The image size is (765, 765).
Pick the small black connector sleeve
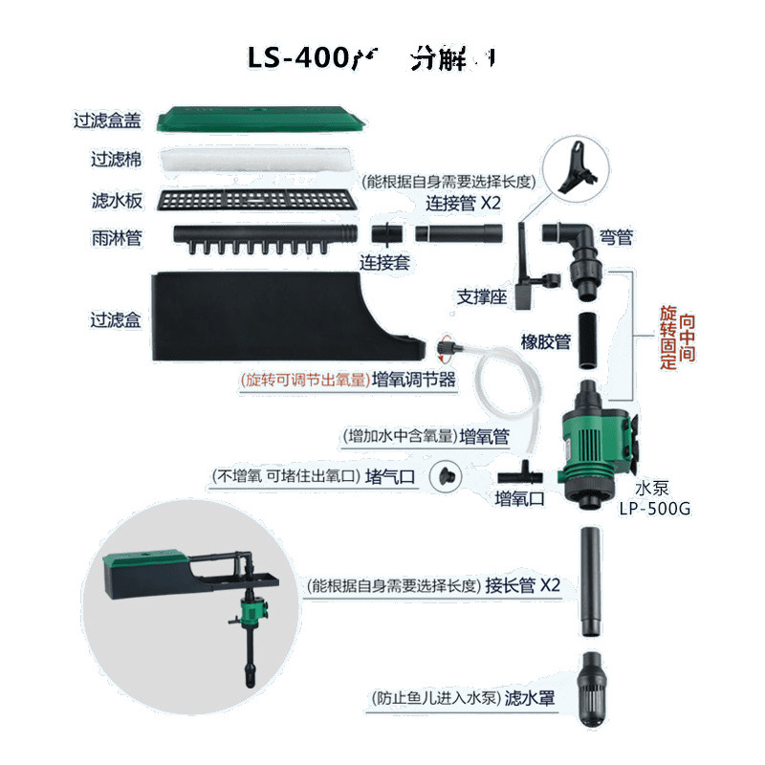(384, 233)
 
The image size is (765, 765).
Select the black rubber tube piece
(586, 335)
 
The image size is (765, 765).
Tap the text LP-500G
(654, 508)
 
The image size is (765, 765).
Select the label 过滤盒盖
(107, 121)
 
